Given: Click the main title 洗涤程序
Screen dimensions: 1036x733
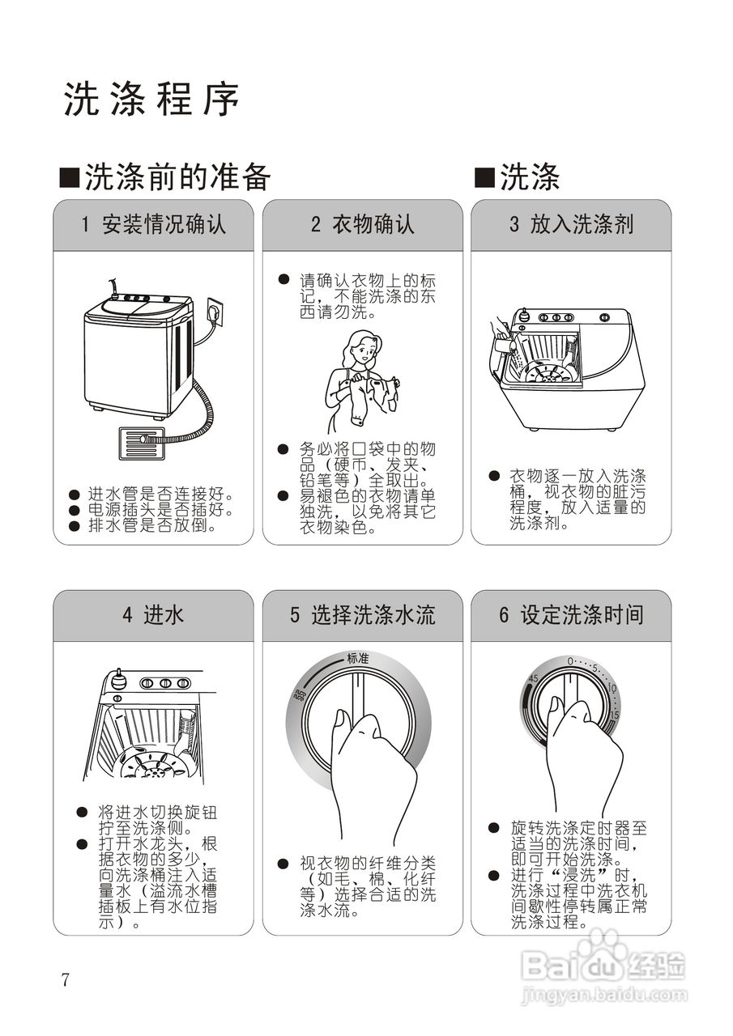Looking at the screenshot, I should coord(151,100).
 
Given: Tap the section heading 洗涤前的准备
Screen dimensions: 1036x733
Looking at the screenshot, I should coord(177,177).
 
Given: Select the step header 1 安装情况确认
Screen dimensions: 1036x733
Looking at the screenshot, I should coord(153,225).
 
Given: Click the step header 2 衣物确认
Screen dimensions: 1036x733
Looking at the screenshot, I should coord(362,225).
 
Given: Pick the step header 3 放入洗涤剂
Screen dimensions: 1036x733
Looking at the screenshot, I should coord(571,225).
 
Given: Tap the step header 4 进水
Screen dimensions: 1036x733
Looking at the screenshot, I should coord(153,615).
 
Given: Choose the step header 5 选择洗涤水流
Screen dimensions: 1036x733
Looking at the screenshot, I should coord(362,615).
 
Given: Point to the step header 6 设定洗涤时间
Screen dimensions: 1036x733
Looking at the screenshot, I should coord(571,615).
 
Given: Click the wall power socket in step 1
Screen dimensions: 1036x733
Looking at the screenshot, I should coord(215,311).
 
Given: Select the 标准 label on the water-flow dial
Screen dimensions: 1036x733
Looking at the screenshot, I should coord(358,659).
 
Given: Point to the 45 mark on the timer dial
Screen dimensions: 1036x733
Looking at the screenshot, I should coord(534,678).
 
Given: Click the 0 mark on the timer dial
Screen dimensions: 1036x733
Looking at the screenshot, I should coord(570,661).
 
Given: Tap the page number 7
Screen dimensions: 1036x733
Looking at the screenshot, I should coord(66,980).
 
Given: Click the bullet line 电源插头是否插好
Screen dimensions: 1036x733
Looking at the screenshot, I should coord(160,511).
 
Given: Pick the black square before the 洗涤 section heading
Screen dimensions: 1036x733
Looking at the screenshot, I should coord(484,176).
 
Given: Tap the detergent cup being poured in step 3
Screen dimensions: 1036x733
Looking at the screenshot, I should coord(505,346).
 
